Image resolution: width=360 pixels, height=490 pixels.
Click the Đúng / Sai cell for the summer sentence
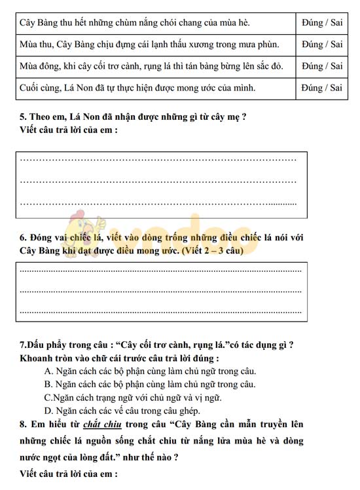[322, 23]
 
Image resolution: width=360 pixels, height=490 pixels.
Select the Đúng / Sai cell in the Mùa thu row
[322, 45]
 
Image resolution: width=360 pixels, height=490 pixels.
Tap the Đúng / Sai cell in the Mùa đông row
[322, 66]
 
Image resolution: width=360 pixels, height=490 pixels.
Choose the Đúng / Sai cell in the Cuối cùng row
[322, 88]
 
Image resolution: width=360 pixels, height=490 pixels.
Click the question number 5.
[23, 117]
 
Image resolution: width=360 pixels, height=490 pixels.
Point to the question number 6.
[23, 236]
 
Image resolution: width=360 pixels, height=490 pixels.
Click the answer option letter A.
[48, 371]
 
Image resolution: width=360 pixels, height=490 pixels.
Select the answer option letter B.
[48, 384]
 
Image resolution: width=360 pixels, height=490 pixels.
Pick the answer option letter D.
[48, 411]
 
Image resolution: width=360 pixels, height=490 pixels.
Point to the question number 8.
[23, 424]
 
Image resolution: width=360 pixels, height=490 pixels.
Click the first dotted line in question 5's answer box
[158, 159]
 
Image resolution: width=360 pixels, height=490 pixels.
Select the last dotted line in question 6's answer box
[160, 311]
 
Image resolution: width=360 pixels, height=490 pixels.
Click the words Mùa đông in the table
[39, 66]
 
